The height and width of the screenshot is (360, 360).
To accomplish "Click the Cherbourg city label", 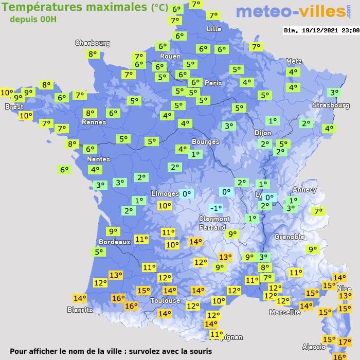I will (93, 43).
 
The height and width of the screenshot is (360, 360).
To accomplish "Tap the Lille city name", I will (214, 29).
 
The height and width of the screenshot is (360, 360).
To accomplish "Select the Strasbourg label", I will (331, 105).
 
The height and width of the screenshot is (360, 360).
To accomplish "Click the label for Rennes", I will (94, 122).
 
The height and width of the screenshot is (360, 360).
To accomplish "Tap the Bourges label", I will (205, 141).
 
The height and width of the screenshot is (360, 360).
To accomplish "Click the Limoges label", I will (165, 193).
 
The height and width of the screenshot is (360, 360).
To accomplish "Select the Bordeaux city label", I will (114, 242).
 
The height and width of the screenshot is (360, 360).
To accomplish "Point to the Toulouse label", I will (165, 300).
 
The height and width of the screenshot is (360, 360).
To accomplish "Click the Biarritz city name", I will (80, 310).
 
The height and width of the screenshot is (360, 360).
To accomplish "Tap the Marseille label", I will (285, 312).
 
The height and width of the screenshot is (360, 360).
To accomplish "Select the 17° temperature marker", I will (345, 341).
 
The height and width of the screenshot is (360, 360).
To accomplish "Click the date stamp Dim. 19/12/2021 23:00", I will (321, 30).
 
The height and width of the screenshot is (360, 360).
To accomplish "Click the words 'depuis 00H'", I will (32, 19).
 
